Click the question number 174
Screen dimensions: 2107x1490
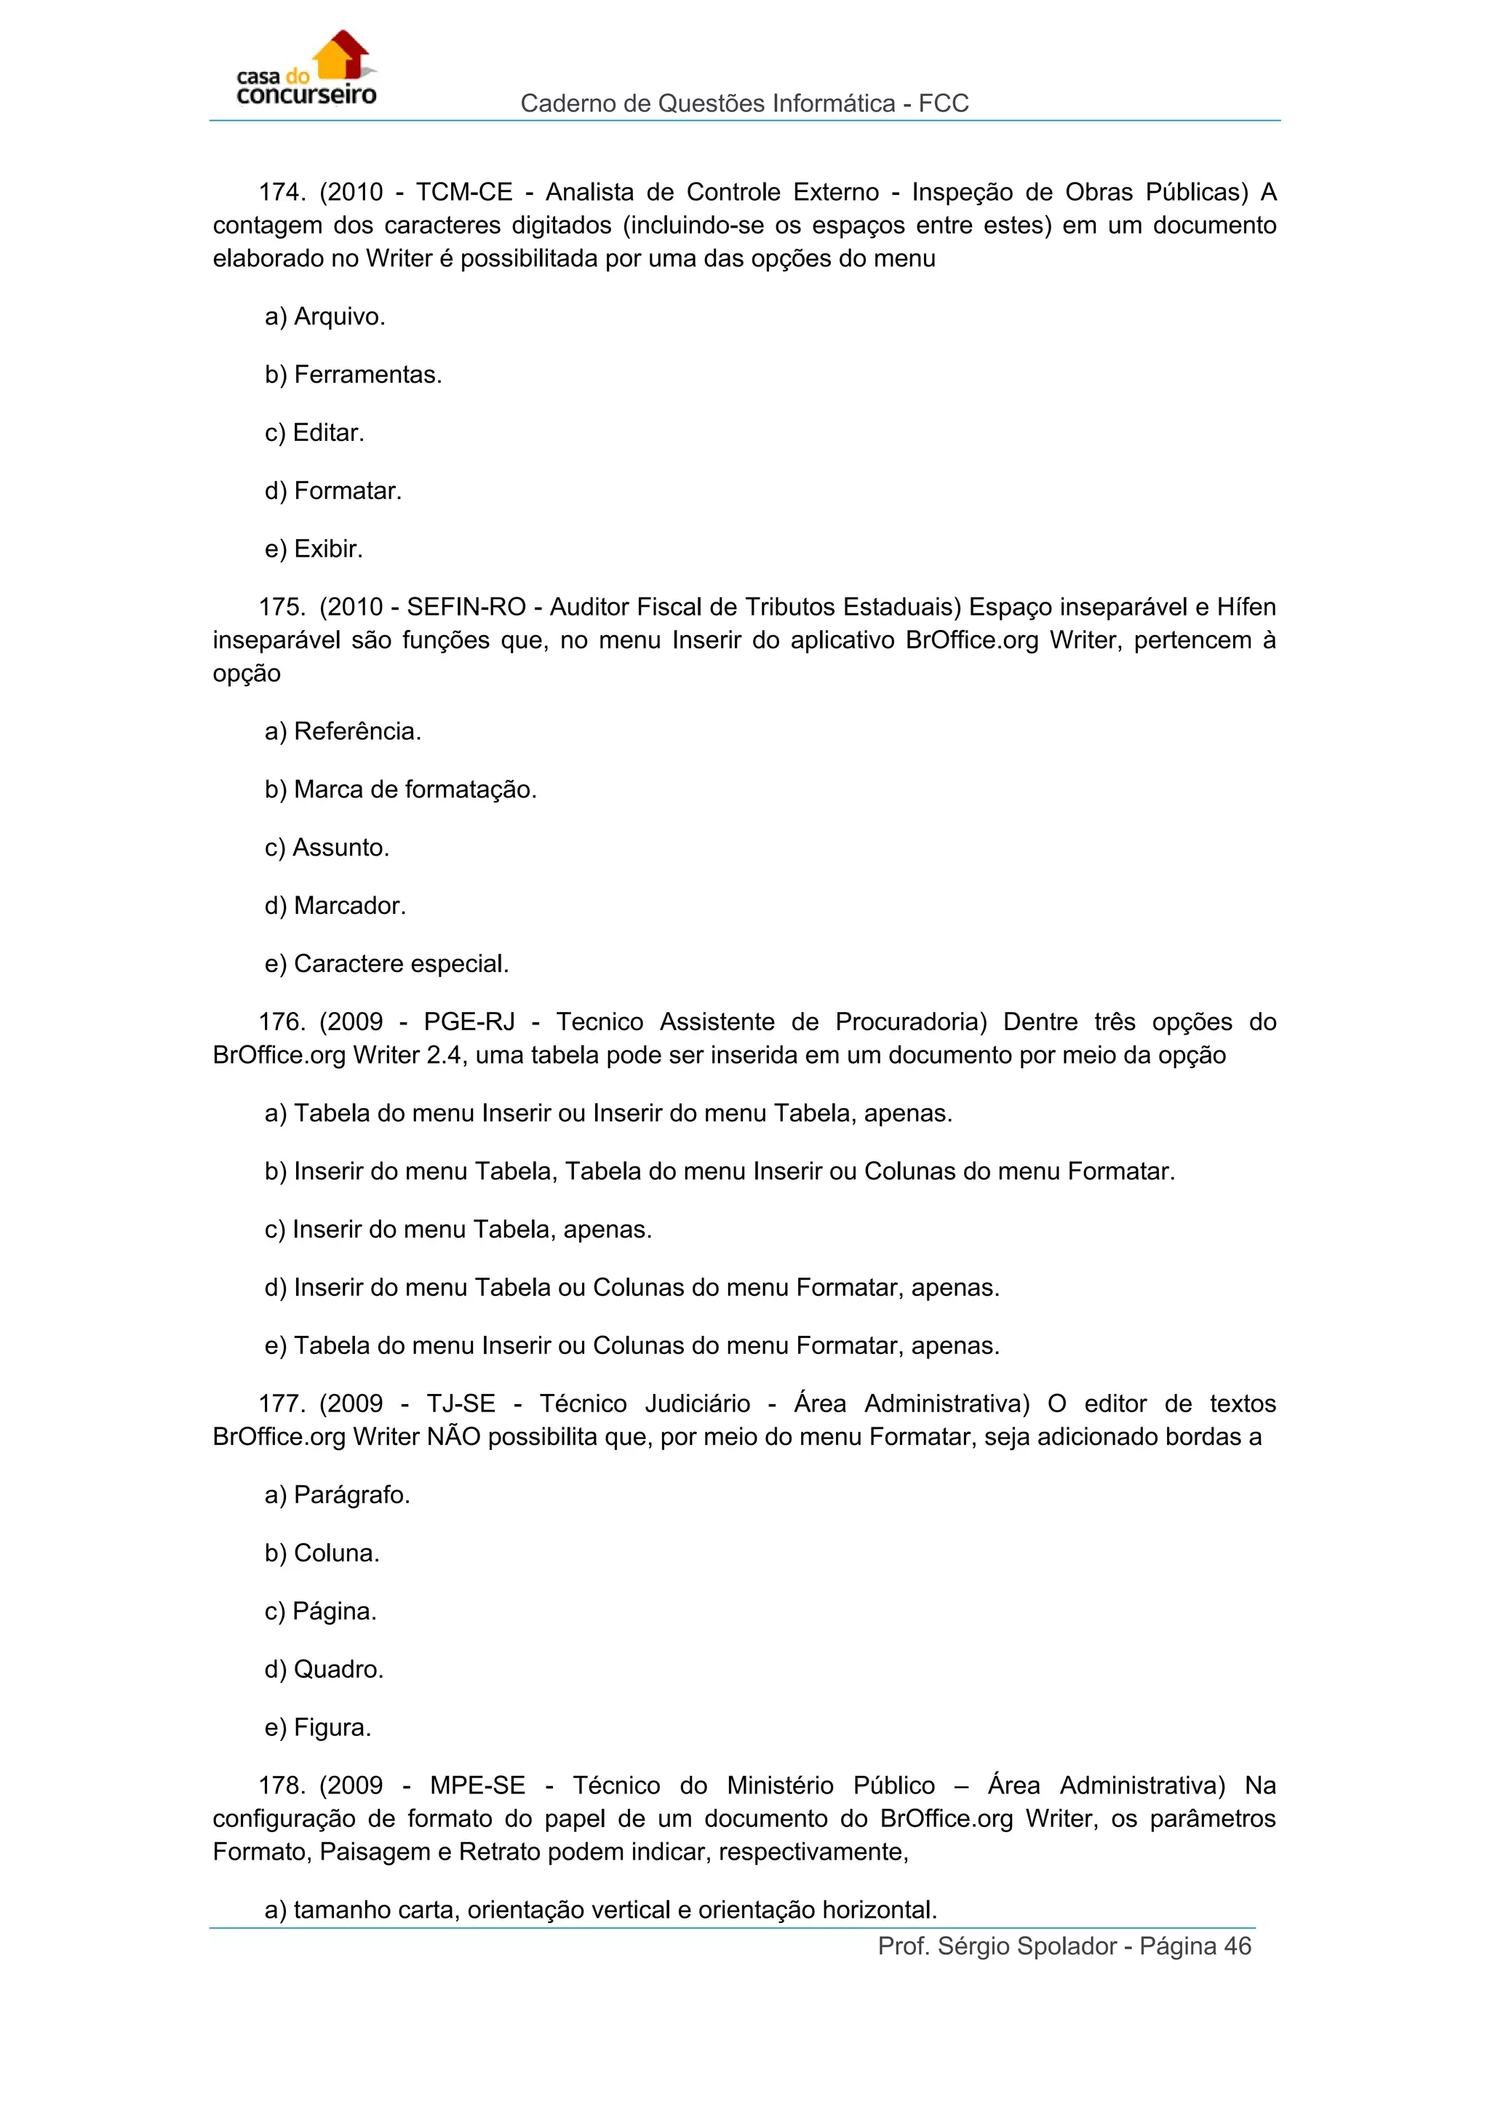(x=281, y=193)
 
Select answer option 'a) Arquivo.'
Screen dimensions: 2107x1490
(x=324, y=317)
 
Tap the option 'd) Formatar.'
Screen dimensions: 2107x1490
(x=333, y=492)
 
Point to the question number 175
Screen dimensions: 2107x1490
(x=281, y=608)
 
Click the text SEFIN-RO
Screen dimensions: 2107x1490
(x=466, y=608)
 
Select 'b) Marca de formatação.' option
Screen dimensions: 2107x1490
(x=400, y=790)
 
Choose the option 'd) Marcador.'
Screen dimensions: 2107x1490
(x=335, y=907)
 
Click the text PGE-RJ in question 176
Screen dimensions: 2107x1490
(x=469, y=1022)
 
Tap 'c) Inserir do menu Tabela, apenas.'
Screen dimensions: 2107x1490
(x=458, y=1230)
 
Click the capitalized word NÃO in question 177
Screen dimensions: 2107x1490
(x=453, y=1437)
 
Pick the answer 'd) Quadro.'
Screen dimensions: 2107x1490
(x=324, y=1669)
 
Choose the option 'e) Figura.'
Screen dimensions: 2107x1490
(x=317, y=1728)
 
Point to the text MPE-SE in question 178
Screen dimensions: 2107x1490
(x=477, y=1786)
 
